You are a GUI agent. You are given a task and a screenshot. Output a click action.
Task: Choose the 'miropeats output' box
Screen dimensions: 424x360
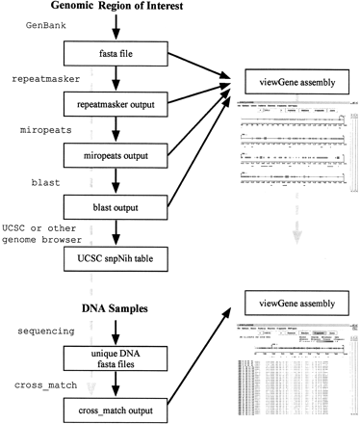point(118,154)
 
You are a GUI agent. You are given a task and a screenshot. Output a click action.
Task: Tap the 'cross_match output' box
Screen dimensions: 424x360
point(118,411)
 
